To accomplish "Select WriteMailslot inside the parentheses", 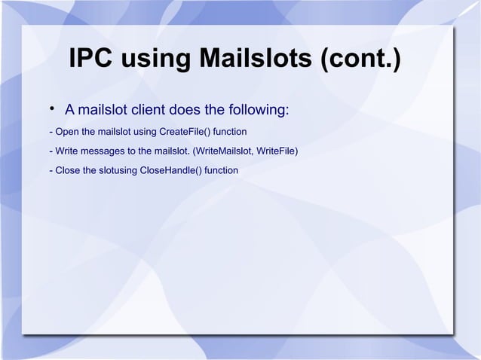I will click(224, 151).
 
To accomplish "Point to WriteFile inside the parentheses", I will click(278, 151).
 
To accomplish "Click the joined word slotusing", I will click(115, 170).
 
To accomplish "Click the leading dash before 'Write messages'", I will click(49, 151).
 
